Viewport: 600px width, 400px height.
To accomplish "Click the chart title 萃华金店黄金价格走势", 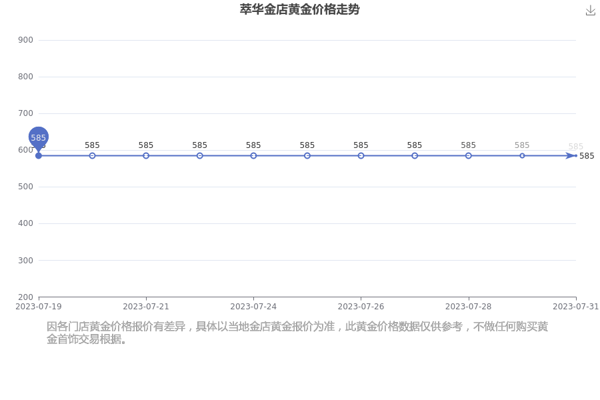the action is (299, 9).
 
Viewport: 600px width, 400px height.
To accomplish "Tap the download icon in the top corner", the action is (591, 11).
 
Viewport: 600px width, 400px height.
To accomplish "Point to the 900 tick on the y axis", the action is (25, 40).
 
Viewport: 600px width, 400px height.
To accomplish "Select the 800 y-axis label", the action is (25, 77).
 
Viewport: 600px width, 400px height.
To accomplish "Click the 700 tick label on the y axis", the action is (25, 113).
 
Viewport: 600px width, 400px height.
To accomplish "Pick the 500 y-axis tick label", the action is (25, 187).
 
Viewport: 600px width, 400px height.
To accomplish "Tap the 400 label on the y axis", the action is (25, 223).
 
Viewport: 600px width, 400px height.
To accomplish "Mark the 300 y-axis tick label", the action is (25, 260).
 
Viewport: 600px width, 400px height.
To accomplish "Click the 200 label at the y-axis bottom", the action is (25, 297).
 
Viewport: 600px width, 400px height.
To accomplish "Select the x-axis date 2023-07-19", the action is (39, 307).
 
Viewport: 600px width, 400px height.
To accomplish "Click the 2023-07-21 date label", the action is (146, 307).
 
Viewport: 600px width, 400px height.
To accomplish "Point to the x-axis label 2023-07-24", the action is (253, 307).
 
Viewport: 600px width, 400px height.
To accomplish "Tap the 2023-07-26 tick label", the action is (361, 307).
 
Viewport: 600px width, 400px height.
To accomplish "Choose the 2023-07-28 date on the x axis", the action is (469, 307).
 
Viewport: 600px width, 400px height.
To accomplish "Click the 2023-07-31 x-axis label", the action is (576, 307).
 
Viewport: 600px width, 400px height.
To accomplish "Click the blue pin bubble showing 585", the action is (38, 137).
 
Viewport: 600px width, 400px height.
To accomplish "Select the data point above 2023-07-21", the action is (146, 156).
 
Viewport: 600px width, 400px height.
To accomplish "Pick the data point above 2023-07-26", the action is (361, 156).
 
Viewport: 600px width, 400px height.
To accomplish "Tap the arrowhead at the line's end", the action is (571, 156).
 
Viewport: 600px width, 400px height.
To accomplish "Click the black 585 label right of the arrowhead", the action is (587, 156).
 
